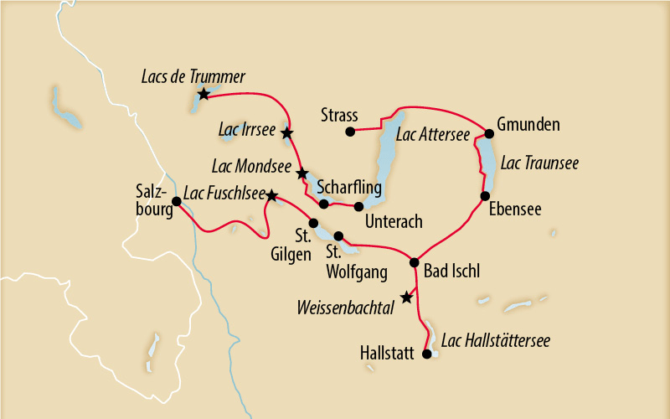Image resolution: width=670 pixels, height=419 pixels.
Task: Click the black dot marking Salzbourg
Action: (x=177, y=201)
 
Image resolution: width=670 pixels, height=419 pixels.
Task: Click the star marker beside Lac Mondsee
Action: (x=302, y=173)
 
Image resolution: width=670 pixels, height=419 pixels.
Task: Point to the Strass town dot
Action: (x=351, y=131)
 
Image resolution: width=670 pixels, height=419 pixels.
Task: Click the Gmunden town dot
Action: (x=490, y=132)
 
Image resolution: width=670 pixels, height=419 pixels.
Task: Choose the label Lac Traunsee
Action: (x=539, y=162)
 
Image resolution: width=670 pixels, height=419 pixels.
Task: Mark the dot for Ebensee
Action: (x=484, y=196)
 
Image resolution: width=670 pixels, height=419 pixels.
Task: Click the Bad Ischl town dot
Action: (x=414, y=262)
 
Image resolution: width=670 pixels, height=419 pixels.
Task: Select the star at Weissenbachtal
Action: (x=406, y=297)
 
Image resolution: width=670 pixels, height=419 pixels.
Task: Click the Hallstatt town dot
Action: (x=426, y=354)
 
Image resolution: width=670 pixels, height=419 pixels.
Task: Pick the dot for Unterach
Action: (x=359, y=206)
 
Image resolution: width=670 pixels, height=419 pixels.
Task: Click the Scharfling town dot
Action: (x=324, y=204)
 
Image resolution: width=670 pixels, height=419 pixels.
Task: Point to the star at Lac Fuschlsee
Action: (x=271, y=195)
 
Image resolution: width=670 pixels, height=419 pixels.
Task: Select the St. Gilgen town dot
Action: (x=314, y=223)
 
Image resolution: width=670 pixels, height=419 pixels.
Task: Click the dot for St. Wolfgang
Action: (x=339, y=235)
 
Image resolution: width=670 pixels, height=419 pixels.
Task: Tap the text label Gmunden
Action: (x=528, y=125)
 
